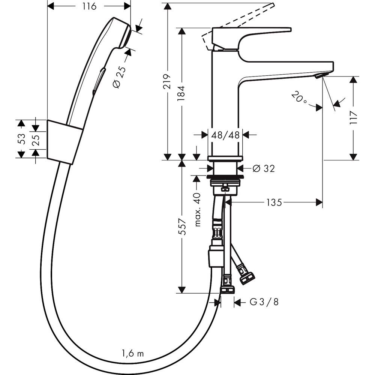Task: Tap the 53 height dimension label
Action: (x=22, y=139)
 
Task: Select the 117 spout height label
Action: (x=354, y=118)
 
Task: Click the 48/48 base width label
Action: (x=225, y=135)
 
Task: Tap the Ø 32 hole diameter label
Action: (x=264, y=168)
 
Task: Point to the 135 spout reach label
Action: (x=273, y=202)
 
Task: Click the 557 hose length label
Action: (x=182, y=227)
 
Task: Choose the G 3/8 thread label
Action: (x=264, y=302)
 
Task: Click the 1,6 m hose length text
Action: (x=133, y=353)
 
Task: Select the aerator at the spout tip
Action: (x=319, y=76)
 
